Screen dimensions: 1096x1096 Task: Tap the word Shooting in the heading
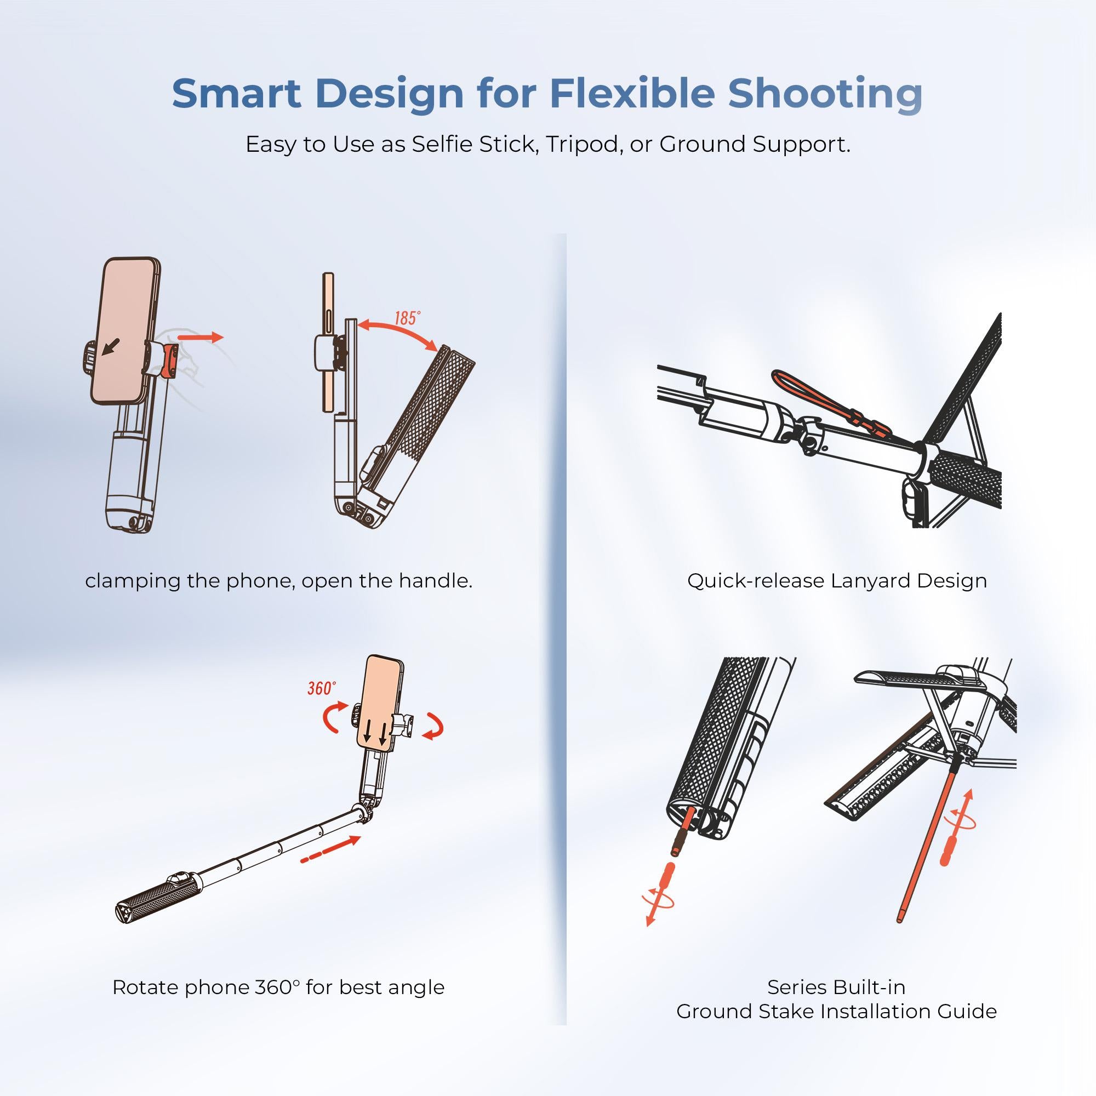click(x=825, y=94)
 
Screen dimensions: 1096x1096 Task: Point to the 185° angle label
click(x=407, y=318)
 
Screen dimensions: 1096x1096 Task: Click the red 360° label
click(x=321, y=688)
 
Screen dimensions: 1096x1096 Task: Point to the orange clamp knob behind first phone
click(x=170, y=359)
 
